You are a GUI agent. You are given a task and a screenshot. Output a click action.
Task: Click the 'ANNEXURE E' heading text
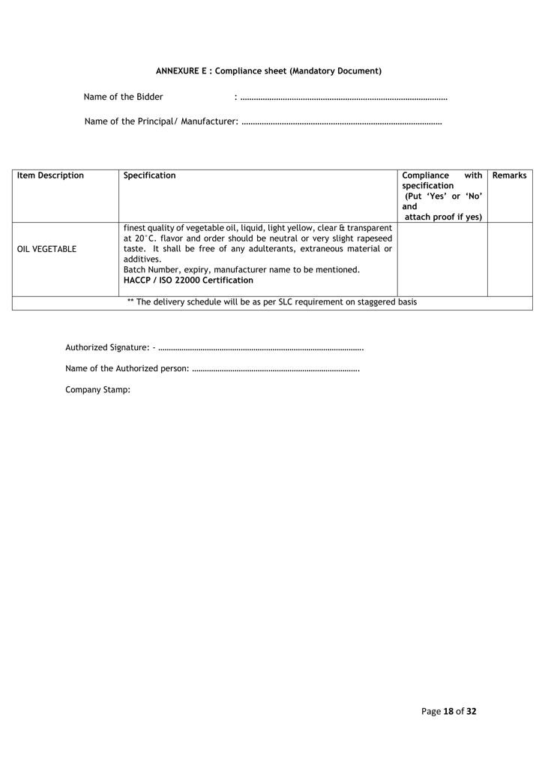click(183, 71)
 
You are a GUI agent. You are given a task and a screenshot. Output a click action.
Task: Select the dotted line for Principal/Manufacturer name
click(342, 121)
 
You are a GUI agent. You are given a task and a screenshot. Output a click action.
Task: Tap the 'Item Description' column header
click(50, 175)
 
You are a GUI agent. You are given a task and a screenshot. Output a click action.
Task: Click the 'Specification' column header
click(150, 175)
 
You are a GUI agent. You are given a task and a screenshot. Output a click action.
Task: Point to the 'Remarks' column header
click(510, 175)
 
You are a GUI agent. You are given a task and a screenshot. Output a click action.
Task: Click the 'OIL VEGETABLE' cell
click(46, 249)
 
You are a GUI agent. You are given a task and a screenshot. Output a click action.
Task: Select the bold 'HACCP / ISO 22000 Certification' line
click(188, 280)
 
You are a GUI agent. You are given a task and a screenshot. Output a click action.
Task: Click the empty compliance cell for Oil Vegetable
click(442, 258)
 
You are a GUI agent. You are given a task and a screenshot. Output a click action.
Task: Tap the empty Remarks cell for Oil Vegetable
click(510, 258)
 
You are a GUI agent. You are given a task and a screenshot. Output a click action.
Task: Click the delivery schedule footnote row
click(272, 302)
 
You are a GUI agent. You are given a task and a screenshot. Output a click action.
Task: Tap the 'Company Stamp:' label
click(98, 390)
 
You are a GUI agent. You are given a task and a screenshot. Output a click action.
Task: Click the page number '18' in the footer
click(448, 711)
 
